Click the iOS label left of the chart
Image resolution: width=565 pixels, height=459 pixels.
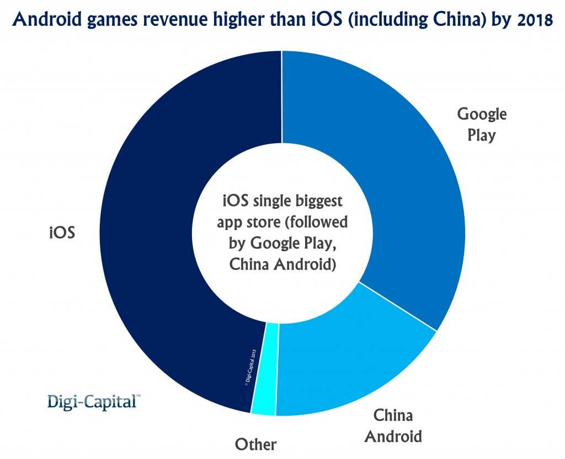click(62, 232)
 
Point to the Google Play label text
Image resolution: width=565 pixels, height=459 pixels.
click(482, 125)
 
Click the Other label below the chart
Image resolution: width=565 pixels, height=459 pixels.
click(255, 444)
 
